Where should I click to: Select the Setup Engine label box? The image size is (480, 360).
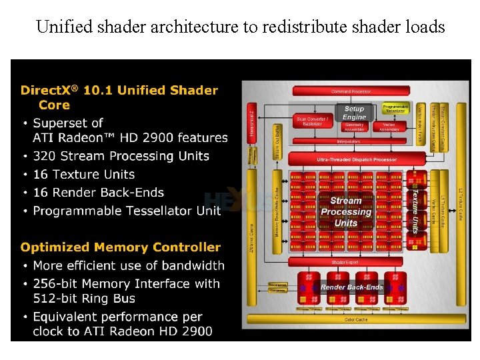(x=354, y=113)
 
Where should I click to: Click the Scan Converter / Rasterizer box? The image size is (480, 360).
(x=312, y=121)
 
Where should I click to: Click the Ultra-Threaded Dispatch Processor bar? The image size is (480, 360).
(x=357, y=159)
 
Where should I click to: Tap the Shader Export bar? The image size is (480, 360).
(x=345, y=262)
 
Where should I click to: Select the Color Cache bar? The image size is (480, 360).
(x=355, y=319)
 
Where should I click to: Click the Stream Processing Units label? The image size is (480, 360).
(x=346, y=211)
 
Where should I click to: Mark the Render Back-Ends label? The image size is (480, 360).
(x=352, y=287)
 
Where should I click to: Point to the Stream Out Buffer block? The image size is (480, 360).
(x=277, y=142)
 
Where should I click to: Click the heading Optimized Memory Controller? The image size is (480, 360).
(x=120, y=247)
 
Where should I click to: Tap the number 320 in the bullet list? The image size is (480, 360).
(x=46, y=156)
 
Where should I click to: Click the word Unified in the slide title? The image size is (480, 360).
(x=63, y=27)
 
